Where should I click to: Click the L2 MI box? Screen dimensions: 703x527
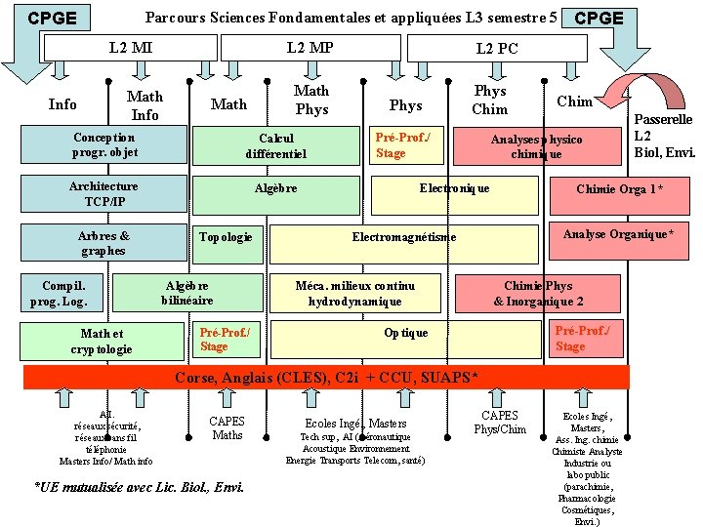pyautogui.click(x=130, y=47)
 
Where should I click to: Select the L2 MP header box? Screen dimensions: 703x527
pyautogui.click(x=310, y=47)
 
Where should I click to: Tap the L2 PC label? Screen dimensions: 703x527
pyautogui.click(x=497, y=49)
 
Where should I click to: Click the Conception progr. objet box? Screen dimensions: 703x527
pyautogui.click(x=104, y=145)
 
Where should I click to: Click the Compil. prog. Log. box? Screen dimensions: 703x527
pyautogui.click(x=64, y=294)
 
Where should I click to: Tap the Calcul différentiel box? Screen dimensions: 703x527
pyautogui.click(x=276, y=146)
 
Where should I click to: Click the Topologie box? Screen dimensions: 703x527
pyautogui.click(x=226, y=237)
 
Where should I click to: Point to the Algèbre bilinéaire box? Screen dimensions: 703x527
pyautogui.click(x=187, y=293)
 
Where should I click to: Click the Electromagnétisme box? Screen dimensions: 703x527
pyautogui.click(x=403, y=237)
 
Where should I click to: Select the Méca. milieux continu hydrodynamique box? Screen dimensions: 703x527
pyautogui.click(x=355, y=294)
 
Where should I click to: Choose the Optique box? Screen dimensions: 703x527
pyautogui.click(x=405, y=334)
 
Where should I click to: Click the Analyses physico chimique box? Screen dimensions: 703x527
pyautogui.click(x=536, y=146)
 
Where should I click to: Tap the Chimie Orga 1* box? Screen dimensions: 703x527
pyautogui.click(x=619, y=190)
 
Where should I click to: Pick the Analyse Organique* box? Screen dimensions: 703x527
pyautogui.click(x=617, y=235)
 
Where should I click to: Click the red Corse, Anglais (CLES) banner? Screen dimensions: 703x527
pyautogui.click(x=326, y=378)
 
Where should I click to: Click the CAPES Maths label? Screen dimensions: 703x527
pyautogui.click(x=227, y=428)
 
